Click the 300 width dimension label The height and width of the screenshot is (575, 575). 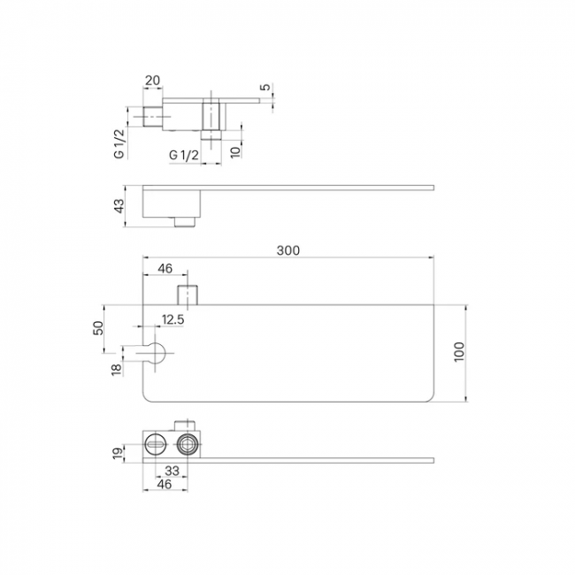click(288, 250)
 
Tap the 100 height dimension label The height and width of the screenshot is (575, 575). click(459, 352)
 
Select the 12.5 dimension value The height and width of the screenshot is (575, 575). click(173, 319)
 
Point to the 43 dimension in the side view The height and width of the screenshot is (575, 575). click(119, 206)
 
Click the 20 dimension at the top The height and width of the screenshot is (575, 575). click(152, 80)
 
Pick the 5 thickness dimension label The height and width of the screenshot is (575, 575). click(265, 87)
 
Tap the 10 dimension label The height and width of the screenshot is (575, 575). click(236, 150)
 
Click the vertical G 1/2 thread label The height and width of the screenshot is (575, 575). click(119, 143)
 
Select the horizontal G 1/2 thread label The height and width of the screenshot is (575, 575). click(184, 155)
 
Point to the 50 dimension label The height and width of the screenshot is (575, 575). click(98, 328)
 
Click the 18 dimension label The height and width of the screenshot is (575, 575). click(117, 369)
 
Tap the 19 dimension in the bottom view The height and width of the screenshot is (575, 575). click(118, 454)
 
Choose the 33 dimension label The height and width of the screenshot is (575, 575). click(172, 471)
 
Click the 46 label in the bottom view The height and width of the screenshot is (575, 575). click(165, 484)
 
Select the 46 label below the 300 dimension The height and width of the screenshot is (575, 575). click(165, 268)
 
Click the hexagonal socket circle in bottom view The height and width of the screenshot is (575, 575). click(188, 445)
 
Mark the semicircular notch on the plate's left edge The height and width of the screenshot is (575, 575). click(155, 353)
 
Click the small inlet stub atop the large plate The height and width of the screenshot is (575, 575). click(188, 295)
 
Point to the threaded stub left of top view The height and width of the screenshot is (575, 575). click(153, 116)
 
